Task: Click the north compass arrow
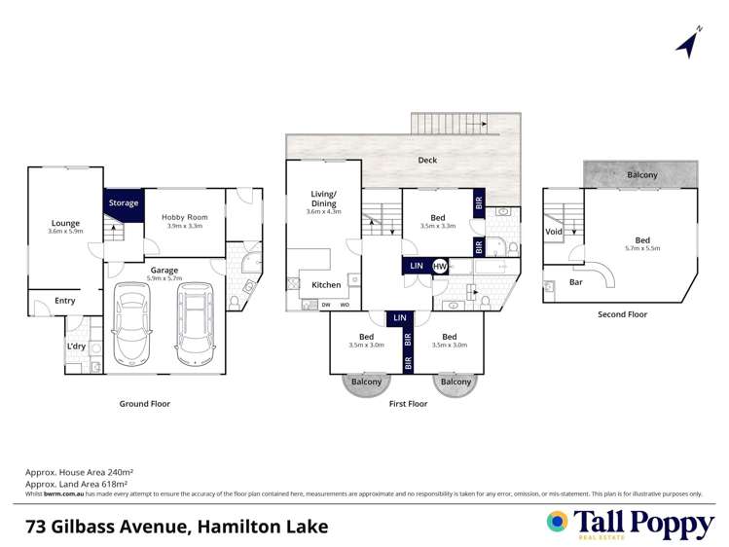[x=689, y=43]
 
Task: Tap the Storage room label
[x=124, y=203]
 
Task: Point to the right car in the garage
[x=194, y=322]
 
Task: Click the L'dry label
[x=77, y=346]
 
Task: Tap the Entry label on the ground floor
[x=64, y=301]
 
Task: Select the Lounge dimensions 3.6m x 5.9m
[x=66, y=232]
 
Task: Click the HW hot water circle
[x=440, y=266]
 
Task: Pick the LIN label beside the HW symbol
[x=417, y=266]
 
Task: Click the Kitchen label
[x=326, y=284]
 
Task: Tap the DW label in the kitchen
[x=326, y=306]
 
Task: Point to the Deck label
[x=427, y=160]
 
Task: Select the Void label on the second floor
[x=554, y=233]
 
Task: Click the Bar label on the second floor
[x=577, y=282]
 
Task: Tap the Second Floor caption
[x=622, y=314]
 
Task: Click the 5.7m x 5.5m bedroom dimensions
[x=642, y=249]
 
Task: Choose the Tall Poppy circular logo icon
[x=557, y=521]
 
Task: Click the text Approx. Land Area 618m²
[x=79, y=483]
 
